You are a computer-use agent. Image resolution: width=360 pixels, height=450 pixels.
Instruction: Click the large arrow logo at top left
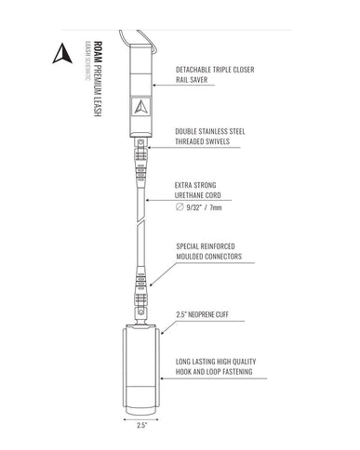(x=62, y=53)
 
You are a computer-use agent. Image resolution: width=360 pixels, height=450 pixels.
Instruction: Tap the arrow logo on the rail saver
(x=140, y=107)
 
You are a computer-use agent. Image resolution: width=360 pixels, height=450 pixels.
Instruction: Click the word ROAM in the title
(x=98, y=52)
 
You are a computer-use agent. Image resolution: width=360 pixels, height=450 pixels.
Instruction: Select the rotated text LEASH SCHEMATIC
(x=87, y=60)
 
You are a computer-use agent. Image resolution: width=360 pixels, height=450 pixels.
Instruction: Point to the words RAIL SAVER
(x=192, y=80)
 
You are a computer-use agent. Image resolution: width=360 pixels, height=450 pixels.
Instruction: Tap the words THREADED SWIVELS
(x=203, y=141)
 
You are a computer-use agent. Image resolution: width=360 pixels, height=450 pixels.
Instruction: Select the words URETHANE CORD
(x=198, y=195)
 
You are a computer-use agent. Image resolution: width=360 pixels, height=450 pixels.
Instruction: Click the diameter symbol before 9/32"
(x=180, y=206)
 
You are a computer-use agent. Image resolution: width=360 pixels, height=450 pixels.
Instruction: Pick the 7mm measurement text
(x=216, y=207)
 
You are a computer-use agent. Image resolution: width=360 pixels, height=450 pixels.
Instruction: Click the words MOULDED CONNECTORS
(x=209, y=257)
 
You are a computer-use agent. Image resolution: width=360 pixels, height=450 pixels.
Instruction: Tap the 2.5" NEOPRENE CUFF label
(x=203, y=314)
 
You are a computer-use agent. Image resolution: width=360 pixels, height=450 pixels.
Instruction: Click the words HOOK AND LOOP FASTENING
(x=214, y=372)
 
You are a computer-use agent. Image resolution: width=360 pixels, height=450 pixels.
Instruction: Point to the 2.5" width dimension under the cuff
(x=141, y=425)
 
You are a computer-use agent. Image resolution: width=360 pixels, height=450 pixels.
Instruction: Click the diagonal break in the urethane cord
(x=141, y=223)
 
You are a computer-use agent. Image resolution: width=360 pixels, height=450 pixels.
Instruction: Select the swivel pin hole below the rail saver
(x=141, y=142)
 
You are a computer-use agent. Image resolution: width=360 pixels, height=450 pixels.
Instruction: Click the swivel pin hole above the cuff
(x=141, y=311)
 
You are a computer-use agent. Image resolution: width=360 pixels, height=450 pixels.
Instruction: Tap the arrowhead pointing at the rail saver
(x=154, y=85)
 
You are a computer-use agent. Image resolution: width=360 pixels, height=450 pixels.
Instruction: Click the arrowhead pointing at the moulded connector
(x=152, y=285)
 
